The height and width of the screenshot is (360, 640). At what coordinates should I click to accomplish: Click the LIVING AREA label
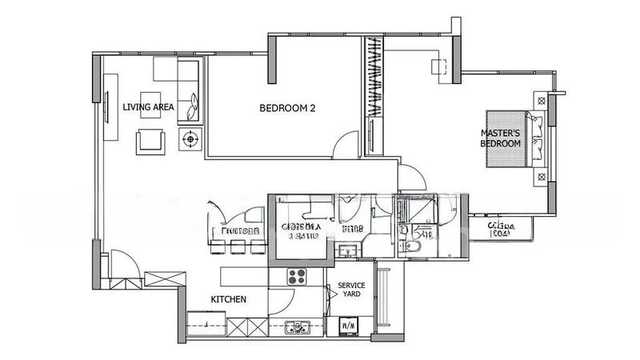pyautogui.click(x=148, y=106)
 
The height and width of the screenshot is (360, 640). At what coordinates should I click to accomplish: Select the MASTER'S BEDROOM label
pyautogui.click(x=501, y=138)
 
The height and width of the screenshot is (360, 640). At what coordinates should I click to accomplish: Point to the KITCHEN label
pyautogui.click(x=228, y=299)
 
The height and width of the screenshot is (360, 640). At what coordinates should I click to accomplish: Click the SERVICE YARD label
pyautogui.click(x=351, y=290)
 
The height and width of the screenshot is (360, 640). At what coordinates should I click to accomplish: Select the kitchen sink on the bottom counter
pyautogui.click(x=299, y=326)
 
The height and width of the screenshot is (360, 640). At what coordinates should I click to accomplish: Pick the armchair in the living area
pyautogui.click(x=152, y=141)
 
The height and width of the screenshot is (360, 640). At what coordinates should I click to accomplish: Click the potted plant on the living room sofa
pyautogui.click(x=192, y=102)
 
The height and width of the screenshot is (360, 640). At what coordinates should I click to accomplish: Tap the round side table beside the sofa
pyautogui.click(x=191, y=139)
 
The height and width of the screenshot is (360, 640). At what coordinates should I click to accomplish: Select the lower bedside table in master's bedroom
pyautogui.click(x=543, y=176)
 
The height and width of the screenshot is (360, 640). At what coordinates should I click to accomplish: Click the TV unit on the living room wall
pyautogui.click(x=106, y=104)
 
